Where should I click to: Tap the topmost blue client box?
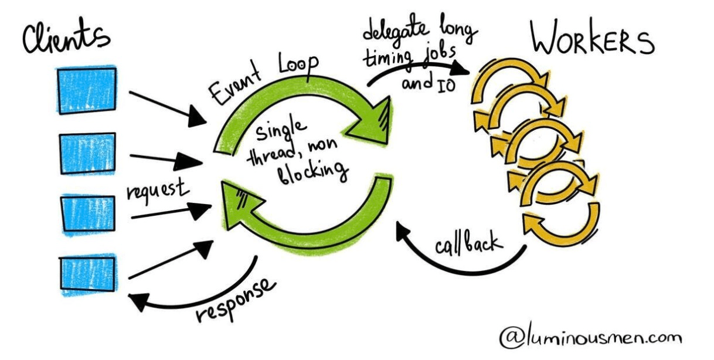[86, 89]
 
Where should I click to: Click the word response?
[234, 299]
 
